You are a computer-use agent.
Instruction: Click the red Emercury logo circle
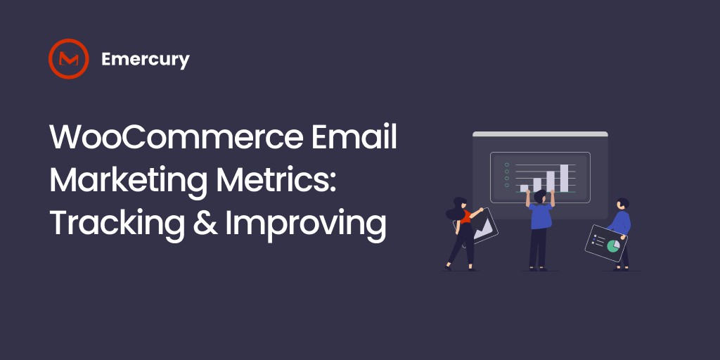point(68,59)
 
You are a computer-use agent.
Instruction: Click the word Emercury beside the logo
point(145,60)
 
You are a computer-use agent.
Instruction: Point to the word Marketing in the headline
point(127,181)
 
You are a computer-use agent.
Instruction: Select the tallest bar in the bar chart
point(564,178)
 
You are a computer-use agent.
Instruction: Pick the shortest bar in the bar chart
point(524,188)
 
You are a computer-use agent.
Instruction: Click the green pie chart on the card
point(613,245)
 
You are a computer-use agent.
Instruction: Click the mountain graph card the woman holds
point(483,227)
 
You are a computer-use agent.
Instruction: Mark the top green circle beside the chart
point(506,165)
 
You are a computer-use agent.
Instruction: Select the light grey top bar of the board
point(540,134)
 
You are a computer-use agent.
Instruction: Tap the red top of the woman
point(465,217)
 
